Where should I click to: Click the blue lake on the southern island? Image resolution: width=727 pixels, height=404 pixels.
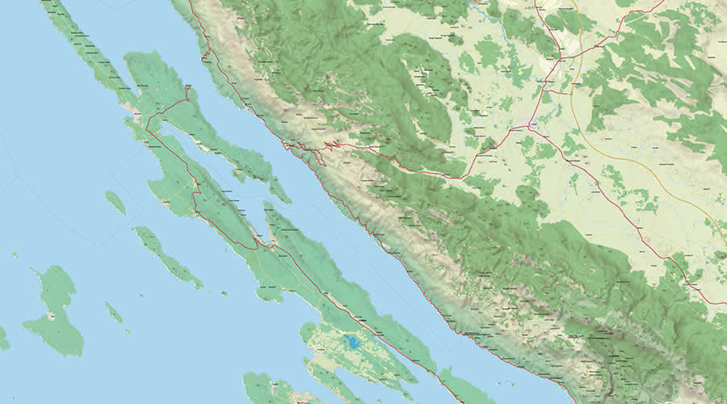354,342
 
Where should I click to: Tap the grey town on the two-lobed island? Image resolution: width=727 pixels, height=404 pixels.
53,316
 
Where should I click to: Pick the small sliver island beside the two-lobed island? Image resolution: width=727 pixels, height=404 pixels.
113,313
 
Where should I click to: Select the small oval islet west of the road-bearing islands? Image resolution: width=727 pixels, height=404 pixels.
115,202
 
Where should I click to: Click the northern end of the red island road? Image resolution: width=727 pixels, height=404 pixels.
187,89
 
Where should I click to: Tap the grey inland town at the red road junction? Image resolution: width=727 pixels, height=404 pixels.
532,125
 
